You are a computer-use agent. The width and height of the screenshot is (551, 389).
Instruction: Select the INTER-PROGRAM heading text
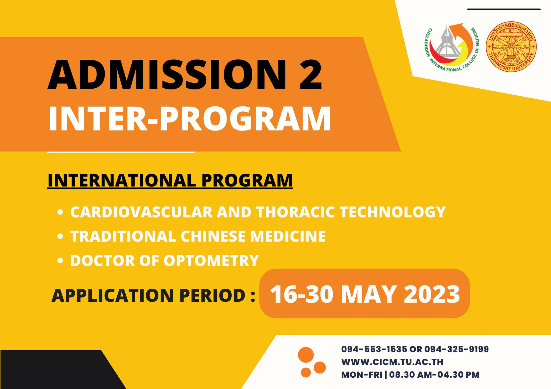(x=189, y=118)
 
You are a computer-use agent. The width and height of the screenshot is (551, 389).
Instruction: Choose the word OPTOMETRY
(x=211, y=260)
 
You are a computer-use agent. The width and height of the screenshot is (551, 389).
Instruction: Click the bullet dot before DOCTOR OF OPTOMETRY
(x=61, y=261)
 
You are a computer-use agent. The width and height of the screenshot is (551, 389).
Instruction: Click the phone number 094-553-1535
(x=374, y=349)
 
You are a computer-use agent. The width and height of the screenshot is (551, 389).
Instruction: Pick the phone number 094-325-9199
(x=457, y=349)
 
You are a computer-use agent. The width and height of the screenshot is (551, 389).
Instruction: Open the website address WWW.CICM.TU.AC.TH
(x=392, y=362)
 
